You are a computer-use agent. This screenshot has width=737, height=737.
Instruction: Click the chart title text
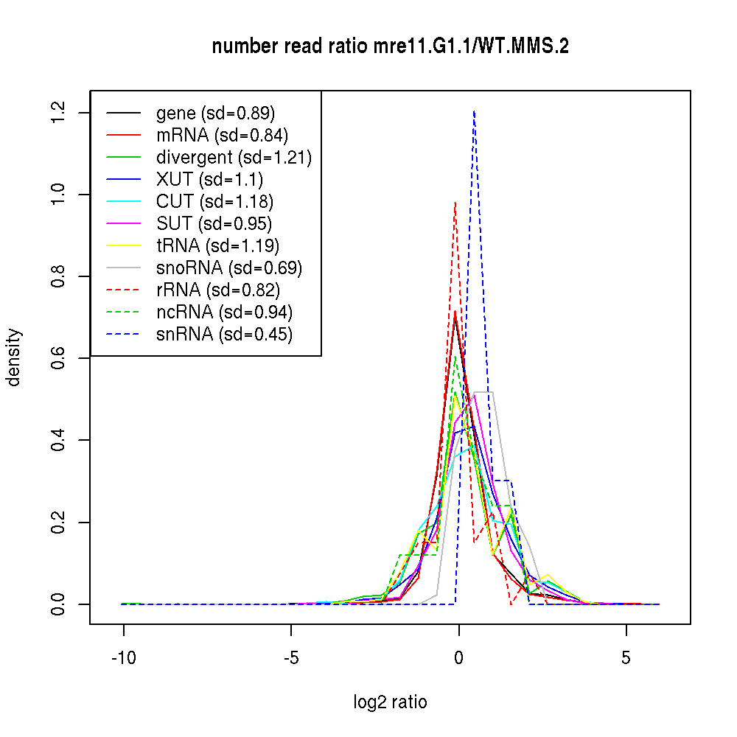[x=390, y=46]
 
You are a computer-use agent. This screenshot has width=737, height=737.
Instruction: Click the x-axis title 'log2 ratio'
[x=390, y=702]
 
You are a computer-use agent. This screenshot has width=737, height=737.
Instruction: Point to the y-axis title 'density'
[x=14, y=357]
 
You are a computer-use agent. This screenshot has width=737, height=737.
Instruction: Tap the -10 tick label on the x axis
[x=123, y=658]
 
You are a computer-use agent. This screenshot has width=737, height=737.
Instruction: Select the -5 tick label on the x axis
[x=291, y=658]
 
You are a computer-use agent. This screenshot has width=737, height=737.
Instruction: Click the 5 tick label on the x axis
[x=626, y=658]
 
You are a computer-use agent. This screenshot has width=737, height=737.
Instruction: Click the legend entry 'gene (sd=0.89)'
[x=215, y=113]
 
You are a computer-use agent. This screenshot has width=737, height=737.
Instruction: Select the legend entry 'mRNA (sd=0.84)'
[x=222, y=135]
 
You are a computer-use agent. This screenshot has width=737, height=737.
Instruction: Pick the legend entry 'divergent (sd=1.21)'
[x=234, y=157]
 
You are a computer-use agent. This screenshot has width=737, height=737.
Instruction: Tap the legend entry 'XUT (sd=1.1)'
[x=209, y=179]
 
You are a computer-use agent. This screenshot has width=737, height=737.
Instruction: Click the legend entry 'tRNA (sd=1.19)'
[x=217, y=245]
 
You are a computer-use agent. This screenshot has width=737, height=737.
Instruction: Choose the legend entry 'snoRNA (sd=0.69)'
[x=229, y=268]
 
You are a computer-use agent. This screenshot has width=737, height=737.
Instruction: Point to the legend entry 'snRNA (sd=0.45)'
[x=224, y=334]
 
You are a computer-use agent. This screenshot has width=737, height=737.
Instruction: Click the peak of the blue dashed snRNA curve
[x=474, y=111]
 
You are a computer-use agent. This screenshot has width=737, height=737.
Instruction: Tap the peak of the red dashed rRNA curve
[x=455, y=202]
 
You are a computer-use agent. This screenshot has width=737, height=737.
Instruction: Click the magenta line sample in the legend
[x=123, y=223]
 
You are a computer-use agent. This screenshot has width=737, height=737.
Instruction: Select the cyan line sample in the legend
[x=123, y=201]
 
